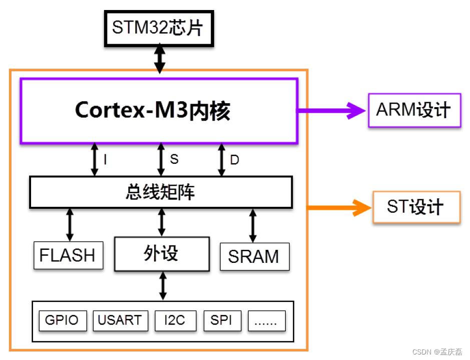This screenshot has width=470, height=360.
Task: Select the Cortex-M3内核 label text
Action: [x=153, y=111]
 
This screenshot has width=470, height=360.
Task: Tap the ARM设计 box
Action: [x=414, y=110]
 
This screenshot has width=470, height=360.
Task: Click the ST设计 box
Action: [x=416, y=207]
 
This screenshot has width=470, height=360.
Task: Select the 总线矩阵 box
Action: [x=161, y=192]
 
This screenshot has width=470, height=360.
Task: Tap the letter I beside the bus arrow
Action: [x=105, y=160]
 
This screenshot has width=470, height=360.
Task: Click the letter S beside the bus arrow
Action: [x=174, y=159]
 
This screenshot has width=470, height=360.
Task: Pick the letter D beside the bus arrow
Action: [x=234, y=160]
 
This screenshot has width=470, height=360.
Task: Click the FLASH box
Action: [x=68, y=255]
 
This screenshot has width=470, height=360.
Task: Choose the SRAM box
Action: [x=254, y=256]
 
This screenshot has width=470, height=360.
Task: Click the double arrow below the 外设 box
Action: [x=162, y=286]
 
